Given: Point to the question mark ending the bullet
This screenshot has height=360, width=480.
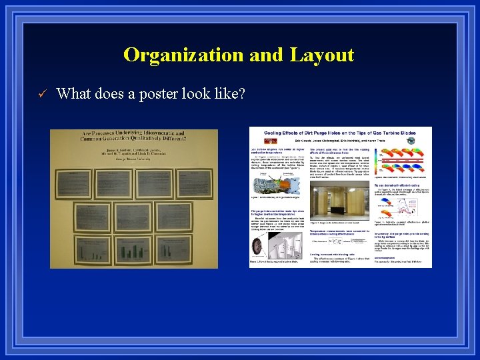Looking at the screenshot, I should pyautogui.click(x=242, y=94).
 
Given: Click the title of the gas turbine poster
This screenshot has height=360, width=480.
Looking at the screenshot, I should pyautogui.click(x=340, y=133).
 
